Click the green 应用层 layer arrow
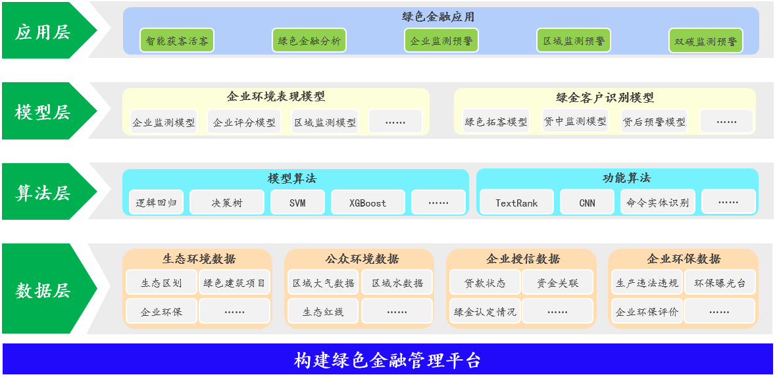pyautogui.click(x=47, y=30)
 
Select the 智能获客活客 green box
pyautogui.click(x=177, y=41)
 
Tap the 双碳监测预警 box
pyautogui.click(x=706, y=41)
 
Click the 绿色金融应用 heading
pyautogui.click(x=438, y=17)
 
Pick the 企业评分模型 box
pyautogui.click(x=244, y=122)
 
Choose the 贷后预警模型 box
pyautogui.click(x=654, y=121)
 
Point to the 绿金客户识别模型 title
pyautogui.click(x=605, y=97)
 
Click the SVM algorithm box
pyautogui.click(x=297, y=202)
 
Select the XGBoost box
pyautogui.click(x=368, y=202)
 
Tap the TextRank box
pyautogui.click(x=517, y=202)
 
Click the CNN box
pyautogui.click(x=588, y=202)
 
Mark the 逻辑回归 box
pyautogui.click(x=156, y=202)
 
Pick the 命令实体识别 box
pyautogui.click(x=657, y=202)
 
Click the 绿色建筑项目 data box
pyautogui.click(x=234, y=283)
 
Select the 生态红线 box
pyautogui.click(x=322, y=312)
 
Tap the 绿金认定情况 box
pyautogui.click(x=485, y=312)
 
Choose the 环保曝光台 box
pyautogui.click(x=720, y=283)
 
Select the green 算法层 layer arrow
pyautogui.click(x=47, y=191)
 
